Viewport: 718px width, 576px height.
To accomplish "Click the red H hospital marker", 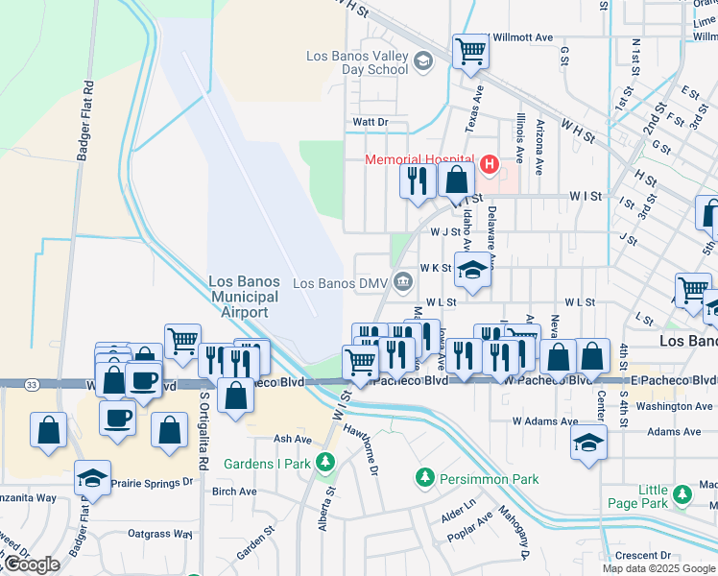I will (x=490, y=165).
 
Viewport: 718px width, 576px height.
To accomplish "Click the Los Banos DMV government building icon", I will (x=403, y=282).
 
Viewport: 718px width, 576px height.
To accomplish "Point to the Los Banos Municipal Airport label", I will (x=245, y=297).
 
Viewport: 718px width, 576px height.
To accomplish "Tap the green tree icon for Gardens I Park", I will (x=325, y=463).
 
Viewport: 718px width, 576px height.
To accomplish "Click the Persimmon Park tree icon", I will (x=422, y=477).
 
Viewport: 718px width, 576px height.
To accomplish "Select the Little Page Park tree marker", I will (x=682, y=495).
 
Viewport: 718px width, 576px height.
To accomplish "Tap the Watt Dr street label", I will (x=370, y=122).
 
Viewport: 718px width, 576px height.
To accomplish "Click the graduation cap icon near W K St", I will (x=472, y=270).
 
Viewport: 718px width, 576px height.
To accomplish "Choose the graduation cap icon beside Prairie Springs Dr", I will (x=92, y=476).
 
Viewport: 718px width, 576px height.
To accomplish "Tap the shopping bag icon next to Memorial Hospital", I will (x=458, y=180).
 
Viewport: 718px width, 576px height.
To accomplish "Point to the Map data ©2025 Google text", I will (x=658, y=568).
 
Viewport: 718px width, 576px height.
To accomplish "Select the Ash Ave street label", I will (x=293, y=439).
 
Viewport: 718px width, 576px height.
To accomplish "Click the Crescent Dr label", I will (x=643, y=555).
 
